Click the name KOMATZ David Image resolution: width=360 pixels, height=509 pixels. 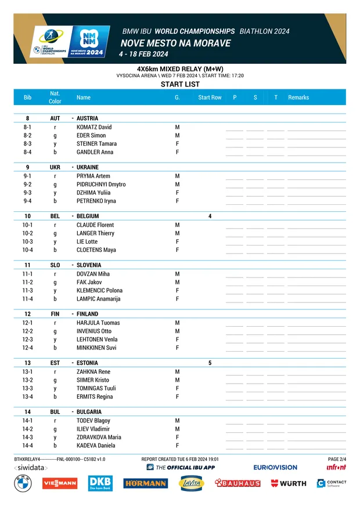[94, 127]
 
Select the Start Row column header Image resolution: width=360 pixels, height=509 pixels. [210, 98]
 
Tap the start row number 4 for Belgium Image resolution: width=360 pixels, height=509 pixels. [210, 216]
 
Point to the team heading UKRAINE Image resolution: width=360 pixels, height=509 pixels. [88, 167]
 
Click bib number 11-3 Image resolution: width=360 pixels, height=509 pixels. [27, 291]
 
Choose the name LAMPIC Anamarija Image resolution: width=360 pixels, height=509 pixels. [99, 299]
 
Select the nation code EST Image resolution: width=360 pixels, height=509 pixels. [55, 363]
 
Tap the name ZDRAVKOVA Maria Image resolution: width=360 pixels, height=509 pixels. [99, 437]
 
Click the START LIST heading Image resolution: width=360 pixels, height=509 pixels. [180, 85]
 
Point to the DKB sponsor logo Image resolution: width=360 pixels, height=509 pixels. [100, 483]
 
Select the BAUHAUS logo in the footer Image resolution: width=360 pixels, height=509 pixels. [237, 483]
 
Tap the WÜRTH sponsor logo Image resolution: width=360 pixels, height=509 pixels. [289, 483]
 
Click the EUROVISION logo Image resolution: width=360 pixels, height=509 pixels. [275, 467]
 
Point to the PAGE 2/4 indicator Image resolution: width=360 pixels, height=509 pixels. [337, 459]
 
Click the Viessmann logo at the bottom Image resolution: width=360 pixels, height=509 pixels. [60, 483]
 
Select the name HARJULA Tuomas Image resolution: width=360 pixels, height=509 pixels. [98, 323]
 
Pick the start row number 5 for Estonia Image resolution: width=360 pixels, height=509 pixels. [210, 363]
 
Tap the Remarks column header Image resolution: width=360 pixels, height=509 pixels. [298, 98]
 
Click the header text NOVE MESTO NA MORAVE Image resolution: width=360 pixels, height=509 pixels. [175, 44]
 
